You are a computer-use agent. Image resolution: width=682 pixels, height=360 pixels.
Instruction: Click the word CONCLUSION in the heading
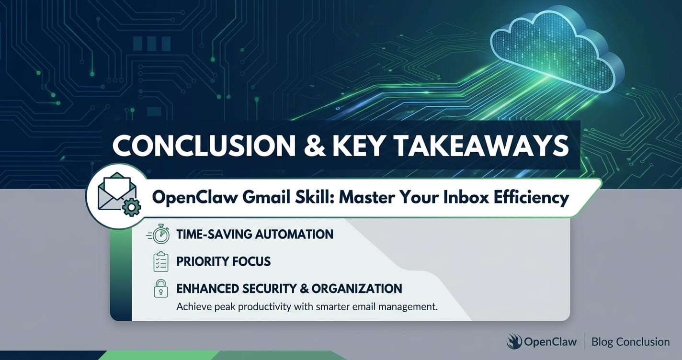coord(204,146)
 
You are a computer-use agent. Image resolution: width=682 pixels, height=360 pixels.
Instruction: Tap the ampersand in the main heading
coord(315,146)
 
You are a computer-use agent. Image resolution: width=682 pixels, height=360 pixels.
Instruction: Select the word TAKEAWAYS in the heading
coord(481,146)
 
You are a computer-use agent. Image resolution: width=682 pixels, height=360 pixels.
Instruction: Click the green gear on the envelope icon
coord(131,207)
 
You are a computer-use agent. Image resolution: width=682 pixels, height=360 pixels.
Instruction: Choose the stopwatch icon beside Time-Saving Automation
coord(159,234)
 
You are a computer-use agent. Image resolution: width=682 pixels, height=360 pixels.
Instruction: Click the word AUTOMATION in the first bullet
coord(294,234)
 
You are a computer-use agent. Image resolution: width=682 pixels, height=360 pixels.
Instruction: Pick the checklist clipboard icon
coord(161,261)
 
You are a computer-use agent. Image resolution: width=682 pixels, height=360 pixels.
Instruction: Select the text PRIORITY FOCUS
coord(224,261)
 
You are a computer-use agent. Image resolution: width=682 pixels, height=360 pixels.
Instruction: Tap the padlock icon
coord(161,288)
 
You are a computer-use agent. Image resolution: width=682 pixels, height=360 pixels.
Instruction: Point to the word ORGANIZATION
coord(356,289)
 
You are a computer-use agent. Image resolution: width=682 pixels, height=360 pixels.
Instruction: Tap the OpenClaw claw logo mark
coord(514,341)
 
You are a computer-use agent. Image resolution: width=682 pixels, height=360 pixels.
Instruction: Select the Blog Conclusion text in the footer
coord(631,342)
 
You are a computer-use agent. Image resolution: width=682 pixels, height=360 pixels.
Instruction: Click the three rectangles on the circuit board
coord(152,44)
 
